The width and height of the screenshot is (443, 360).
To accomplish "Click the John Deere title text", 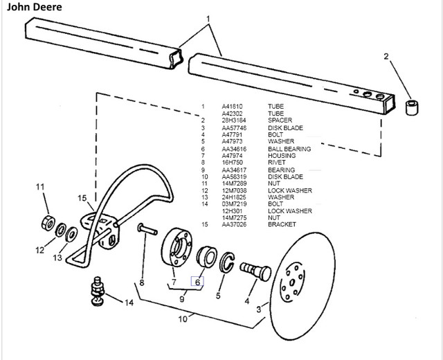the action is [x=34, y=7].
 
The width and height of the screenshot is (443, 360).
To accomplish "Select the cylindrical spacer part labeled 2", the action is [x=412, y=107].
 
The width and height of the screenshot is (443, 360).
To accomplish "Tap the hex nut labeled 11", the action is [x=48, y=223].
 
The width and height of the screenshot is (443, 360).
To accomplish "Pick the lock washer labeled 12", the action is [x=60, y=230].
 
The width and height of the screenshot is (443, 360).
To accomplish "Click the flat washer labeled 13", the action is [x=71, y=234].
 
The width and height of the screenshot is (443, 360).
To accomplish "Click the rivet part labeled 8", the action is [x=147, y=229].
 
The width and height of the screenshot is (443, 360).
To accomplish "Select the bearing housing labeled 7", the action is [x=177, y=247].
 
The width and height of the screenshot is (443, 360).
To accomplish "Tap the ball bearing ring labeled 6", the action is [x=207, y=257].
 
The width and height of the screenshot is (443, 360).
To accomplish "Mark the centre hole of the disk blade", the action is [x=292, y=282].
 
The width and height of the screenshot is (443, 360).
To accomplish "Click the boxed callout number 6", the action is [x=197, y=282].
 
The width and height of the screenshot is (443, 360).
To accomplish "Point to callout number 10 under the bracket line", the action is [x=183, y=319].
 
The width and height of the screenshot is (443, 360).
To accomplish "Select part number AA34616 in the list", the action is [x=234, y=149].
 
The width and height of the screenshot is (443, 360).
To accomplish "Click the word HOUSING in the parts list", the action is [x=282, y=156].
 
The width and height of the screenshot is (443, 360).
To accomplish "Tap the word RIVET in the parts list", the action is [x=277, y=163].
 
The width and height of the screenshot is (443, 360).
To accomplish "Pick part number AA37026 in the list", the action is [x=234, y=224].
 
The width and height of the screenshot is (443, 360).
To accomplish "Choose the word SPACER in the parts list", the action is [x=280, y=120].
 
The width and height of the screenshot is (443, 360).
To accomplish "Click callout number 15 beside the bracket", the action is [x=82, y=198].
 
